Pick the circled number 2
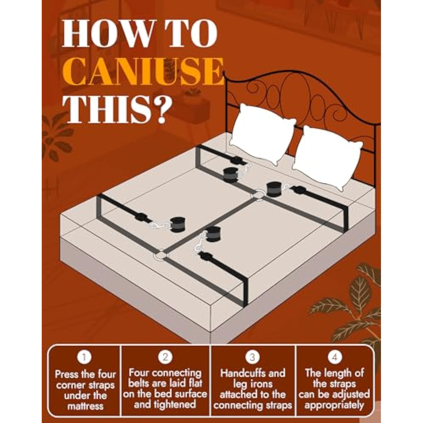point(165,357)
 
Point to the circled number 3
point(252,357)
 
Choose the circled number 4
point(335,357)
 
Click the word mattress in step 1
point(85,406)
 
